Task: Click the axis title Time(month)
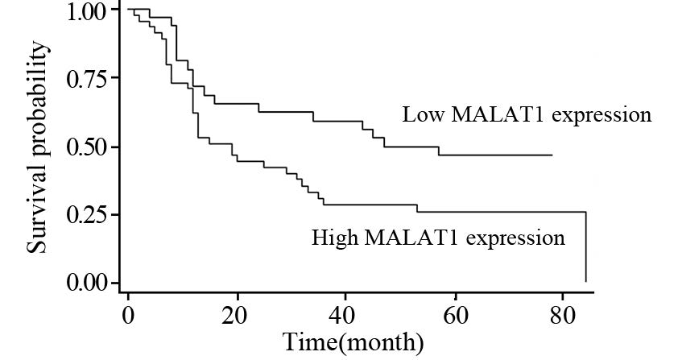(x=353, y=342)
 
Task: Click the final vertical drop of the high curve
(x=585, y=246)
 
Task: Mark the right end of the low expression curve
(x=552, y=155)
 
